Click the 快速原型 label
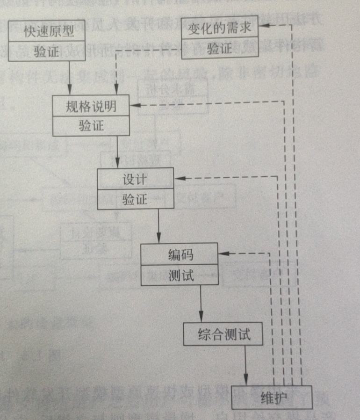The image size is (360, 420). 48,32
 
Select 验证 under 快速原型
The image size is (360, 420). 47,51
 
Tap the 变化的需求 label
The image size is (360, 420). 219,29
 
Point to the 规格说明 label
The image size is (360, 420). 91,107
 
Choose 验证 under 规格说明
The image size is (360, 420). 91,126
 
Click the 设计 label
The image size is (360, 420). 135,180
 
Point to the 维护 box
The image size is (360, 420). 278,398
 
